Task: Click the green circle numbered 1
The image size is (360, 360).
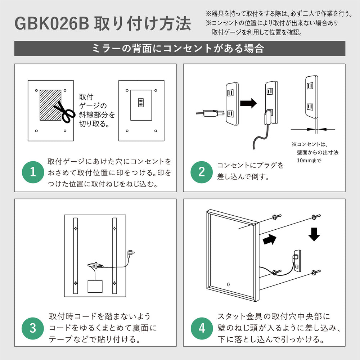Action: point(33,172)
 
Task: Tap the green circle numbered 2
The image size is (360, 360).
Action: point(202,172)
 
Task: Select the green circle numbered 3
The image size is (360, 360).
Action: point(33,328)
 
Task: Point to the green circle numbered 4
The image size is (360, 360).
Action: point(202,328)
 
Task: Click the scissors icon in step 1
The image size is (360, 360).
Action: point(64,112)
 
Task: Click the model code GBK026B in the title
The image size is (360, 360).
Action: point(51,23)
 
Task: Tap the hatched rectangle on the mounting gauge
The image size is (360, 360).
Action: point(50,105)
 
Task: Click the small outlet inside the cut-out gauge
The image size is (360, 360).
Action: point(141,103)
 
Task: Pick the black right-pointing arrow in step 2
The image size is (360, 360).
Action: point(248,103)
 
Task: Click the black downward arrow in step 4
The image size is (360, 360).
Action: point(314,234)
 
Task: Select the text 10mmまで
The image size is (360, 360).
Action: point(309,161)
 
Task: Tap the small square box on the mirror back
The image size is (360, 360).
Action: point(95,286)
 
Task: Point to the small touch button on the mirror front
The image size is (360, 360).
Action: point(228,284)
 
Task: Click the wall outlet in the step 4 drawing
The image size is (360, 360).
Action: point(296,260)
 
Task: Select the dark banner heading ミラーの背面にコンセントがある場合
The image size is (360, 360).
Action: point(180,49)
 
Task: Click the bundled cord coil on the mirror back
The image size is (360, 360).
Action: point(96,265)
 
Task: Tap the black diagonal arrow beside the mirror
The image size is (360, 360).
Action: point(269,240)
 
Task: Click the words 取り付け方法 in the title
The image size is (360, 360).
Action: point(143,23)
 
